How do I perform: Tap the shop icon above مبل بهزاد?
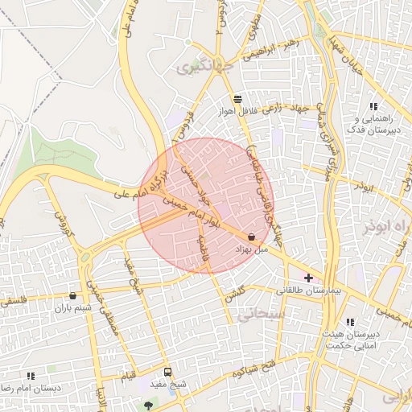point(253,237)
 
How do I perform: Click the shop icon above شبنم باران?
point(73,295)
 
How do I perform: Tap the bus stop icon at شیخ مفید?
point(167,372)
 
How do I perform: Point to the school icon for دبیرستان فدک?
point(373,106)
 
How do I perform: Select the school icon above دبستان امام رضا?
point(31,375)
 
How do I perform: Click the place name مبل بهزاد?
point(249,250)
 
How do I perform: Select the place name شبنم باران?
point(73,308)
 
